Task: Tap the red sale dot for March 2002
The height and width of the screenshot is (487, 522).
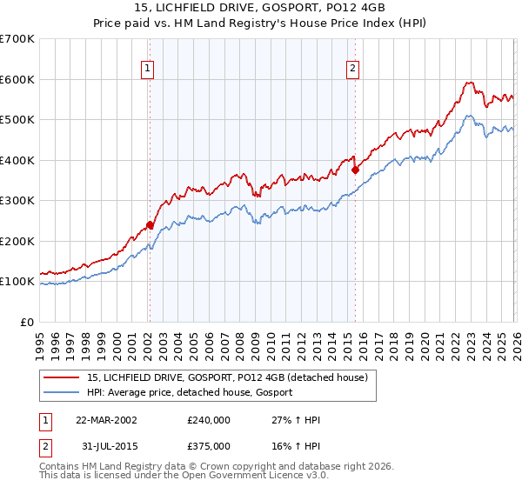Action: (150, 224)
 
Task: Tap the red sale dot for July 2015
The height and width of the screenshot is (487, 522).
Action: (355, 170)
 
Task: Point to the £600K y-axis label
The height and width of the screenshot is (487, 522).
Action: (17, 79)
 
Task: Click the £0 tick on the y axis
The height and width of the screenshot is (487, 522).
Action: (28, 322)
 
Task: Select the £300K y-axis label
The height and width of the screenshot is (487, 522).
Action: (17, 201)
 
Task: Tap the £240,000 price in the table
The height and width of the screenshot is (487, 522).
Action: (209, 420)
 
